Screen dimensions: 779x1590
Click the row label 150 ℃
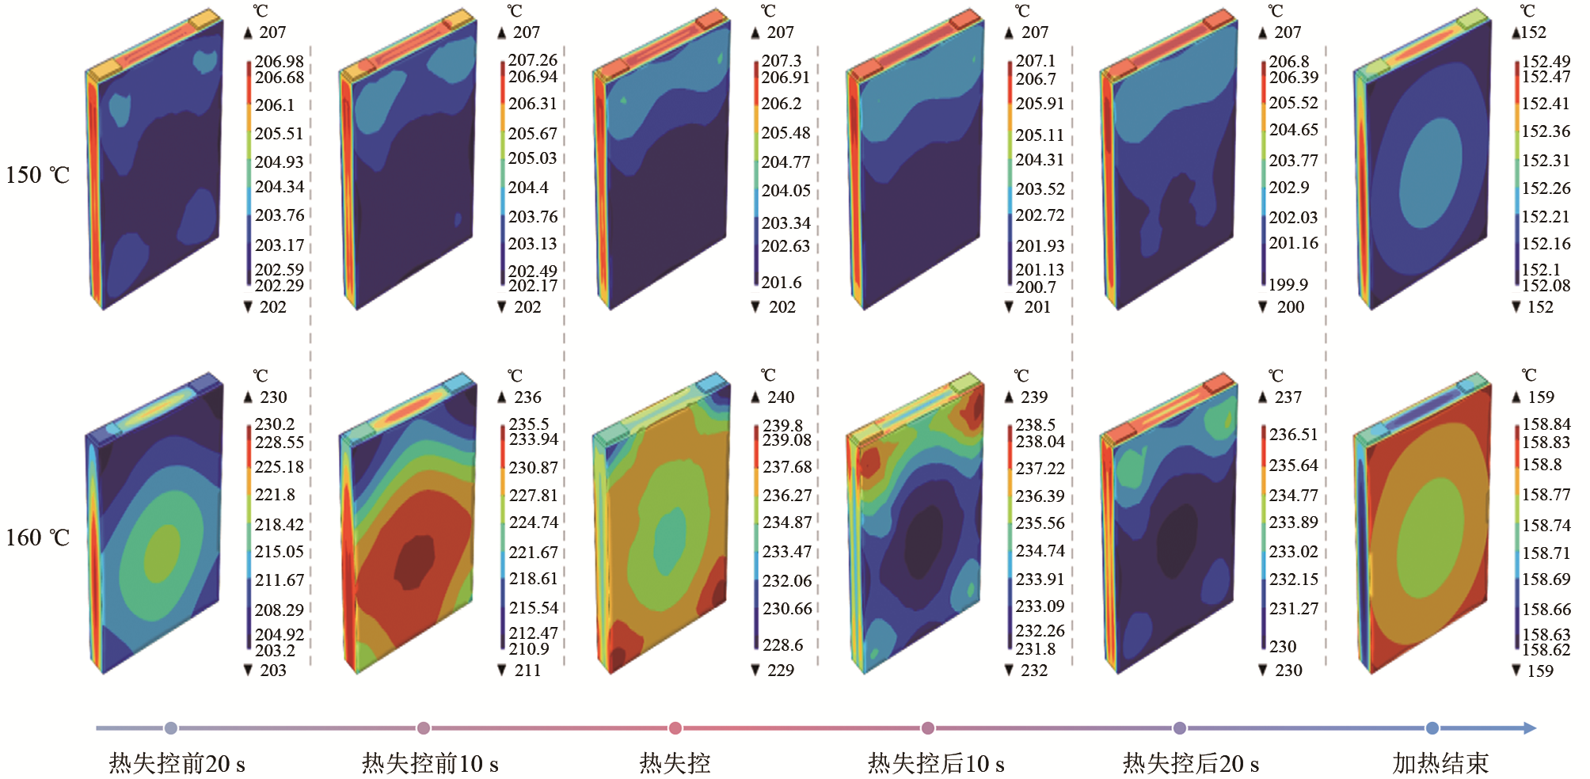click(x=38, y=175)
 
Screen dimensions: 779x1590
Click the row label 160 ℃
click(x=38, y=538)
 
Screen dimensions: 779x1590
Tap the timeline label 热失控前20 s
click(x=177, y=764)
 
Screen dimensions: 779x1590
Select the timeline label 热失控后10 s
click(x=936, y=764)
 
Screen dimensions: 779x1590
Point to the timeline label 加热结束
click(x=1440, y=764)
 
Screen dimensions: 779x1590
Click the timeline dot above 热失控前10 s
click(x=424, y=728)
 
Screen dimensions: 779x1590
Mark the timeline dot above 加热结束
click(x=1432, y=728)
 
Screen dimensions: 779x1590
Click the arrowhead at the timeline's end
click(x=1529, y=728)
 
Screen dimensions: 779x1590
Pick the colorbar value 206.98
click(x=279, y=62)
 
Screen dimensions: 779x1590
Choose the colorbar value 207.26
click(x=532, y=60)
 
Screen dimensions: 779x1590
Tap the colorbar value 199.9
click(x=1288, y=285)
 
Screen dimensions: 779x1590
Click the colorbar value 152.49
click(x=1546, y=62)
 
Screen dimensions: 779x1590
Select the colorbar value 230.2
click(x=274, y=424)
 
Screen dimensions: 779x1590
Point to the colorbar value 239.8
click(x=782, y=426)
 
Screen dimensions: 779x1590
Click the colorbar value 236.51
click(x=1293, y=435)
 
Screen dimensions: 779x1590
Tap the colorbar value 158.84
click(x=1546, y=424)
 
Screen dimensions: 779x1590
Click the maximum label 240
click(x=780, y=397)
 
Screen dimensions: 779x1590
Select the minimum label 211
click(x=527, y=671)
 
